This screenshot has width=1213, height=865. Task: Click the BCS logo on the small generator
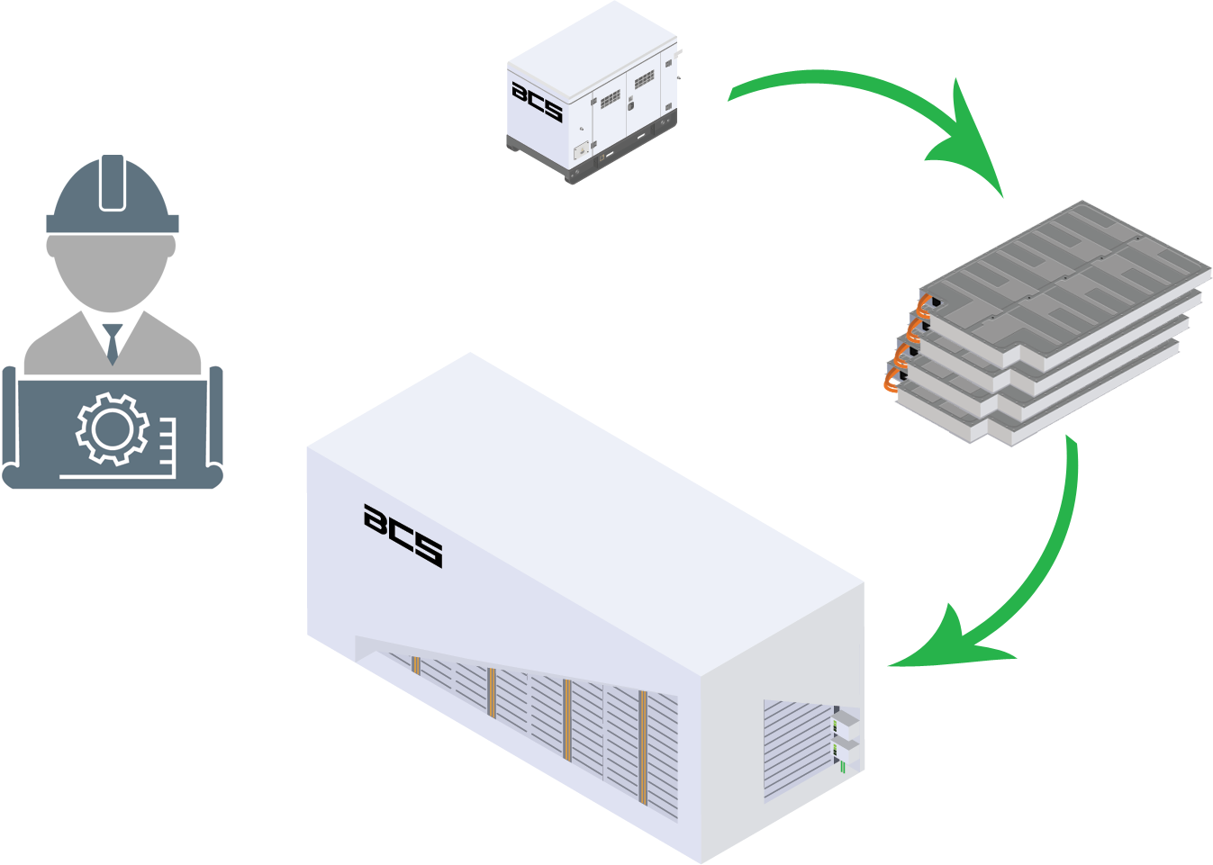point(537,102)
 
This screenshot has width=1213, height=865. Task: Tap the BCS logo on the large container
point(403,535)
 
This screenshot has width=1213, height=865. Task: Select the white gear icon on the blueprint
point(112,429)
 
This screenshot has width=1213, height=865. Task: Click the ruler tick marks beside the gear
point(167,441)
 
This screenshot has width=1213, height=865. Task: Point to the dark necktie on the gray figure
point(113,339)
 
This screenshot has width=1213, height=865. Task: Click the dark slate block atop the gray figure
point(113,194)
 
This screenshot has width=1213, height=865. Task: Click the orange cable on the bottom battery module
point(891,383)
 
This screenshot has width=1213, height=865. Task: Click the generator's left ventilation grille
point(611,98)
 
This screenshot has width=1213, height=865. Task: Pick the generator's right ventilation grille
point(644,80)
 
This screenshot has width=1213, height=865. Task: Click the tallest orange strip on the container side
point(643,747)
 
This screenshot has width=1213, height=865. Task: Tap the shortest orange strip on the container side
point(416,665)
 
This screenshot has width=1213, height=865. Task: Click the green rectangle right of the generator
point(860,125)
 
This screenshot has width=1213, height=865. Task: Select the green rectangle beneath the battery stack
point(985,549)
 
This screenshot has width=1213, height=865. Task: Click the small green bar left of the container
point(294,575)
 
